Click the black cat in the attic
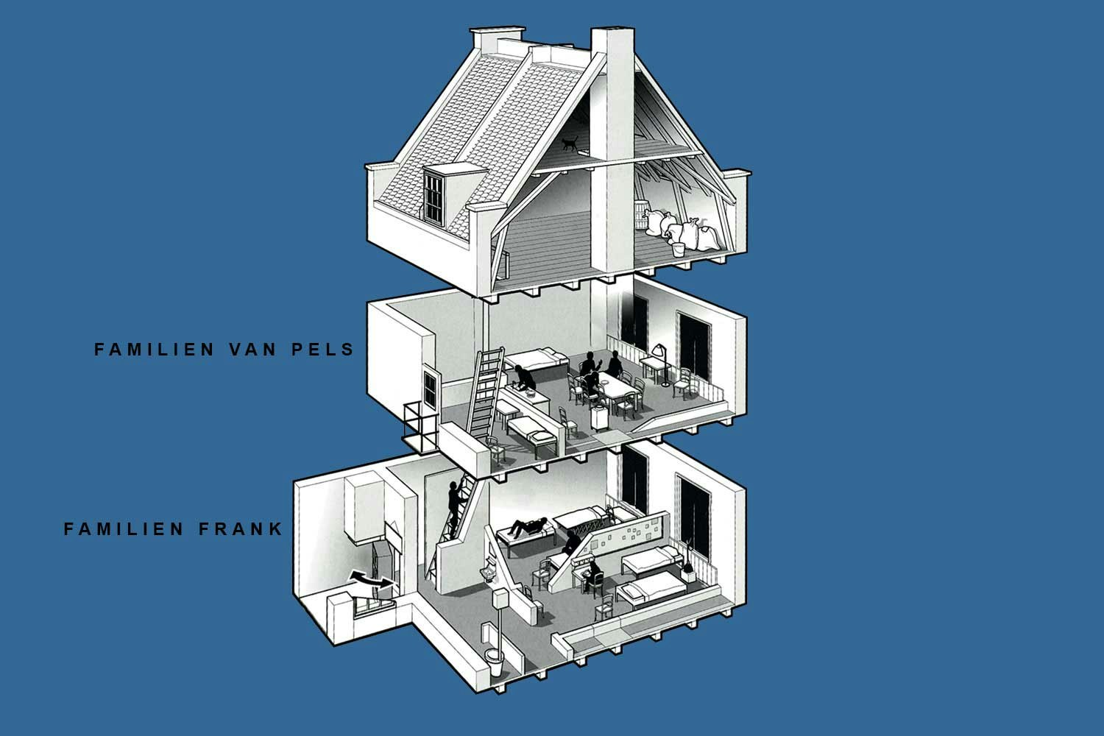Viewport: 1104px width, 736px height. [x=569, y=144]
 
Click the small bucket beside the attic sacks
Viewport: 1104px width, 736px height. [x=678, y=250]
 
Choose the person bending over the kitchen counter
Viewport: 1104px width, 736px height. [x=525, y=378]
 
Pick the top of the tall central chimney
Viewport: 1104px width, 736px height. [x=608, y=33]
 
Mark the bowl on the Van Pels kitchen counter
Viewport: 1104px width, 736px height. [x=531, y=394]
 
